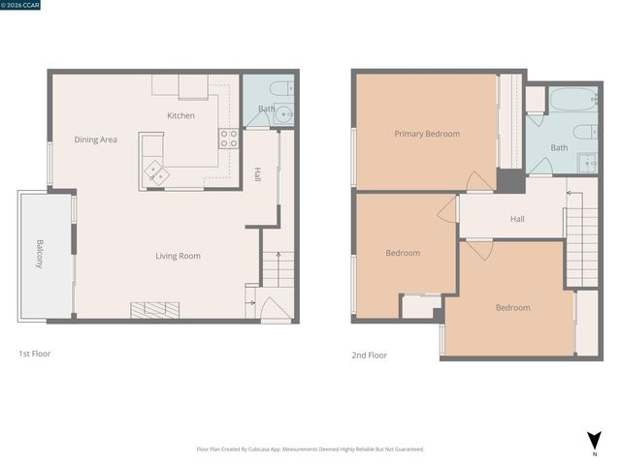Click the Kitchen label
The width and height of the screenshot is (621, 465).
180,115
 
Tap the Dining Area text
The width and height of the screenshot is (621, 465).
95,139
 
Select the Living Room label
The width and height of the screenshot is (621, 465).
178,256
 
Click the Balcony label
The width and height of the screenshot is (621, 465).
40,254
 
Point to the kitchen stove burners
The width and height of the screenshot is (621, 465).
229,139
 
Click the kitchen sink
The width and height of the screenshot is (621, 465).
155,173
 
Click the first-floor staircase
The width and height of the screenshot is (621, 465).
278,268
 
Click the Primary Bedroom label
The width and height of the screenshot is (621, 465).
426,134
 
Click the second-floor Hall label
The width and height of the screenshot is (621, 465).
517,219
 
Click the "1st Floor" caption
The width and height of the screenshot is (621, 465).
35,355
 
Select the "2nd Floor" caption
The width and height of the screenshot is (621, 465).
369,356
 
